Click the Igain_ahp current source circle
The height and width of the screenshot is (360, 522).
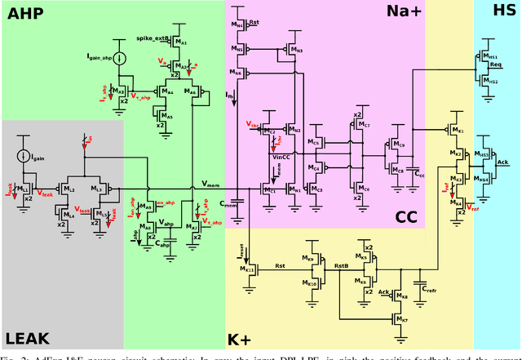[x=120, y=58]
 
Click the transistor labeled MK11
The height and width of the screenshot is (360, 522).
[x=248, y=269]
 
